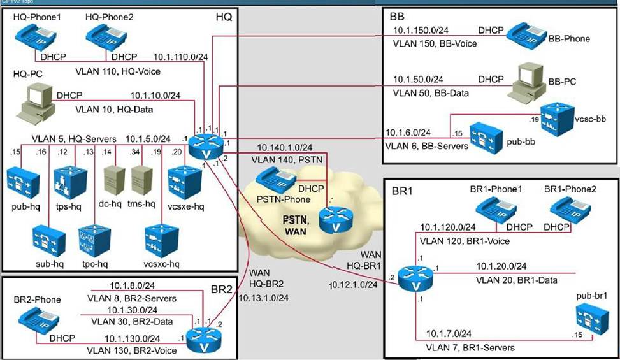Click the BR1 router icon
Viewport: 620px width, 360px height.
click(x=417, y=280)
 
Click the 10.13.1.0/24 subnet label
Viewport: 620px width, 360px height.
click(x=263, y=298)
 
